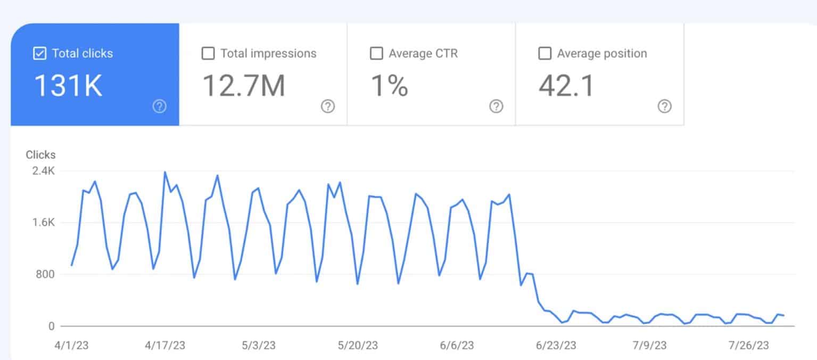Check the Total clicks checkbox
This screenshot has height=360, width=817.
click(x=39, y=54)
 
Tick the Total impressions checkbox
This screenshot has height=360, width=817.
click(x=208, y=54)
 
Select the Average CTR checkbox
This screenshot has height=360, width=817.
click(x=376, y=54)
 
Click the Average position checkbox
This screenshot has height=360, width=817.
click(x=544, y=54)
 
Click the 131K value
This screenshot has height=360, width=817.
click(x=68, y=86)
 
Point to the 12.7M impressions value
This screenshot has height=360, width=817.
click(x=244, y=86)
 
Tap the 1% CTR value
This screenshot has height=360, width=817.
click(x=389, y=86)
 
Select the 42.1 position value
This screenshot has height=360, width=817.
click(x=566, y=86)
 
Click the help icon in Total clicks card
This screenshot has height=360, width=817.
click(x=159, y=107)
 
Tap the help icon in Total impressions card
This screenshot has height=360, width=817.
click(x=328, y=107)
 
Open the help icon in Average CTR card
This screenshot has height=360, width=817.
click(x=496, y=107)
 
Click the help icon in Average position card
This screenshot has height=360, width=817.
click(x=664, y=107)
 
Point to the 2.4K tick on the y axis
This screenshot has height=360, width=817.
click(x=44, y=171)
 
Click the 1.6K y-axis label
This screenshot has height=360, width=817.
click(x=44, y=223)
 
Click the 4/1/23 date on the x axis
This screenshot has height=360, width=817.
click(x=71, y=346)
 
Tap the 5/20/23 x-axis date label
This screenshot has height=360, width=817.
click(x=358, y=346)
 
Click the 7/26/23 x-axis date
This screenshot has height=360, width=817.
click(x=749, y=346)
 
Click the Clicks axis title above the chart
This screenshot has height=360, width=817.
click(x=40, y=155)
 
